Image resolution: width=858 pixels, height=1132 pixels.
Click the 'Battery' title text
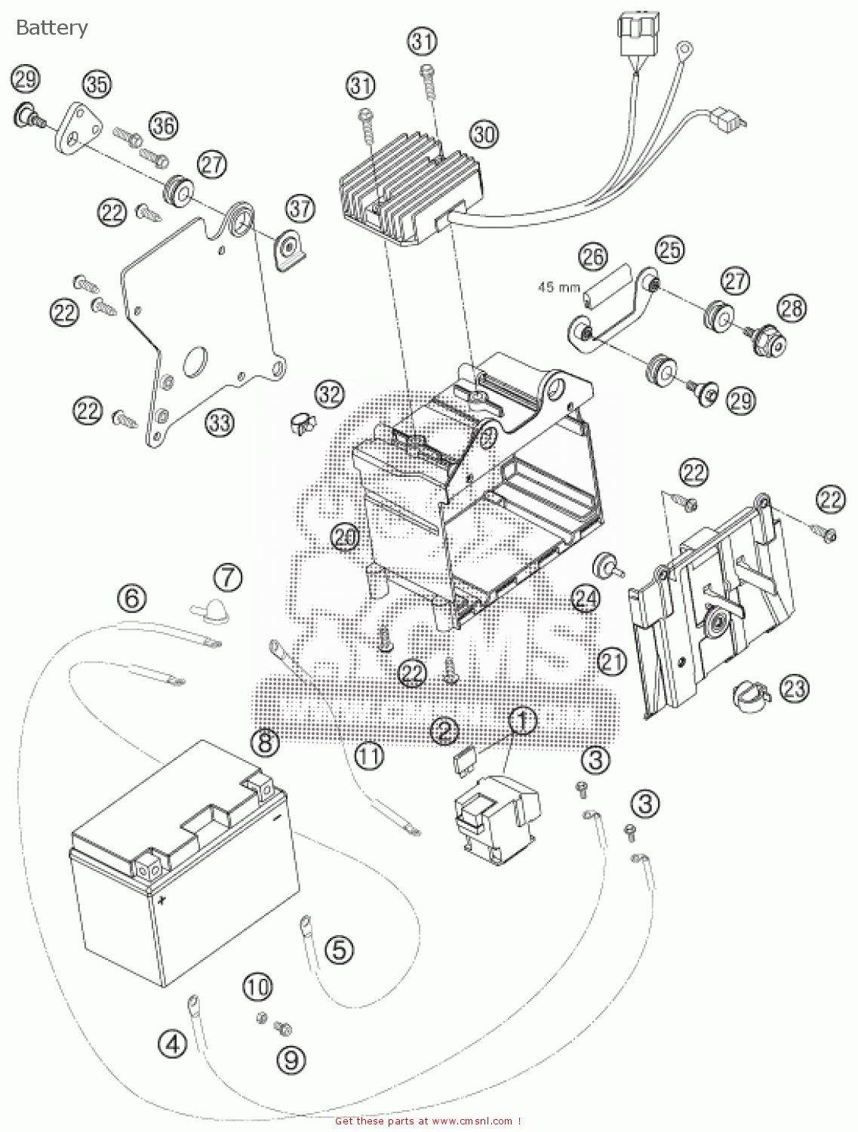coord(51,28)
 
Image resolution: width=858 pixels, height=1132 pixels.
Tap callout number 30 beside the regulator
coord(484,134)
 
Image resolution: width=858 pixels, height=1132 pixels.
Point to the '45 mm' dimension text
coord(558,287)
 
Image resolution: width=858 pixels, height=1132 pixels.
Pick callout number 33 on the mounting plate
coord(220,423)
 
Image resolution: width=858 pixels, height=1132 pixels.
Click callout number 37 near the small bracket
coord(300,208)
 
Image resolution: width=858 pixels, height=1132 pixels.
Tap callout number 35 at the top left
coord(96,84)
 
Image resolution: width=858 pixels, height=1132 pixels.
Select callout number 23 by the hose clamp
coord(794,688)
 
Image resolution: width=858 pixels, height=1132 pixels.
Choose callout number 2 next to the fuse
coord(444,730)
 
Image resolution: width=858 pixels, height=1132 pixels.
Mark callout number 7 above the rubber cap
coord(227,577)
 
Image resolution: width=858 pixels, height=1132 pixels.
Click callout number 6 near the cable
coord(131,598)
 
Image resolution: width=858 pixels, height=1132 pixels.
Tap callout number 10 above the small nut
coord(257,986)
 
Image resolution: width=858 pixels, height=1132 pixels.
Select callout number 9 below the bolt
coord(291,1060)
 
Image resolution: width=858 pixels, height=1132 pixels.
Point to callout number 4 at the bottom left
coord(172,1044)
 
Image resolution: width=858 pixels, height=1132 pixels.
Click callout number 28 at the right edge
coord(792,307)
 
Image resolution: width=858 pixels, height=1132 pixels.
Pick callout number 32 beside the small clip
coord(329,393)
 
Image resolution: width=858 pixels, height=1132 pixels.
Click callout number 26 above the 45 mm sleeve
coord(592,257)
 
